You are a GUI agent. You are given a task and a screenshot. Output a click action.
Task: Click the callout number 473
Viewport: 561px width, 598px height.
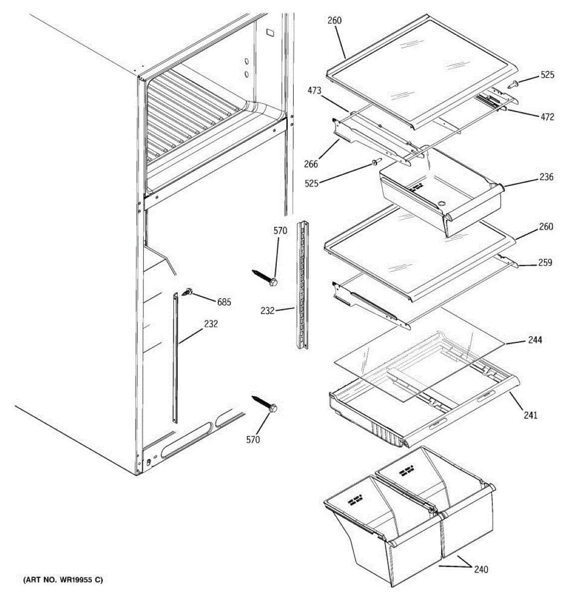point(315,91)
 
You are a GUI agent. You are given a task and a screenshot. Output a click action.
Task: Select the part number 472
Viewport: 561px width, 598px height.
point(547,117)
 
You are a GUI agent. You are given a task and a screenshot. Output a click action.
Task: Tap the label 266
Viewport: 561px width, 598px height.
point(310,164)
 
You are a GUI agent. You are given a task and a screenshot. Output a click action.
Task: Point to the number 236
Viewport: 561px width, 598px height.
point(546,177)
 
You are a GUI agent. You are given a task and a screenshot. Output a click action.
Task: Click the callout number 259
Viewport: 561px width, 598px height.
point(545,262)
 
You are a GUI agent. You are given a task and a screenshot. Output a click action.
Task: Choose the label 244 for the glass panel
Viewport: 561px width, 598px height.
point(535,340)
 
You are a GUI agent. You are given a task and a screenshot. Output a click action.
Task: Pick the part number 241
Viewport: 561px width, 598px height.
point(531,415)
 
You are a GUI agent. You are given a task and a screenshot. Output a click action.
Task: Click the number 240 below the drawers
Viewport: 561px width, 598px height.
point(481,569)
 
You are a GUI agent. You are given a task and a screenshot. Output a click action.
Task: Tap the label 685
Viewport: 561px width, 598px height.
point(224,301)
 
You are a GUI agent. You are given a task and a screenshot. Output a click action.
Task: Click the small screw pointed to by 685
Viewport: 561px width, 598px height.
point(189,292)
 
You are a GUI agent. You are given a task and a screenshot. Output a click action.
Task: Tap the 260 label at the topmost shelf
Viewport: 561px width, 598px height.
point(335,20)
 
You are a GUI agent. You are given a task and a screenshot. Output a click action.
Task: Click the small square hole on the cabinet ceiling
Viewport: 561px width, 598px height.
point(270,33)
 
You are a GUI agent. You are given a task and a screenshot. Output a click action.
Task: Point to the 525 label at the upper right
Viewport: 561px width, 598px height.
point(547,75)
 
